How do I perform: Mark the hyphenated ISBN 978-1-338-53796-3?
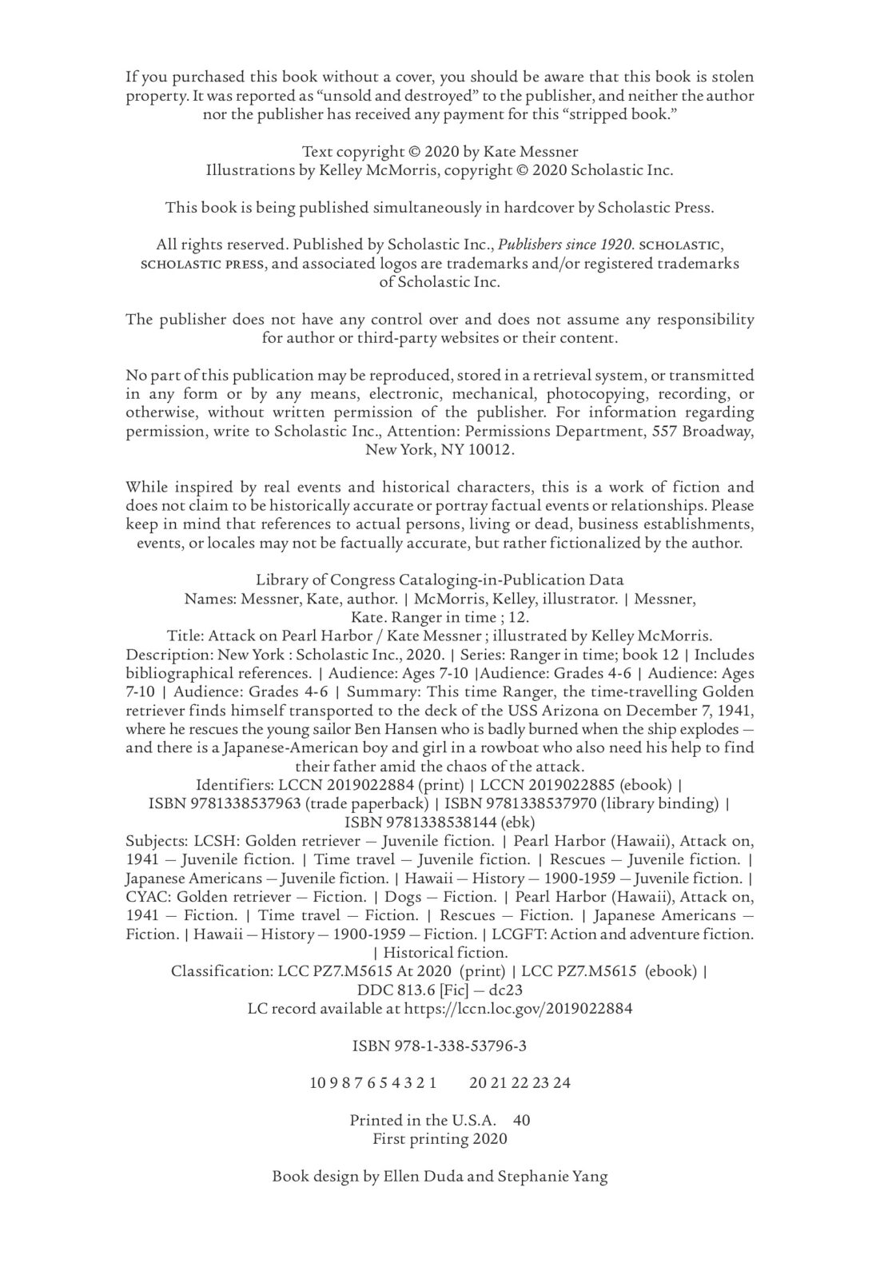440,1046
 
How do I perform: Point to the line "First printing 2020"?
440,1138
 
